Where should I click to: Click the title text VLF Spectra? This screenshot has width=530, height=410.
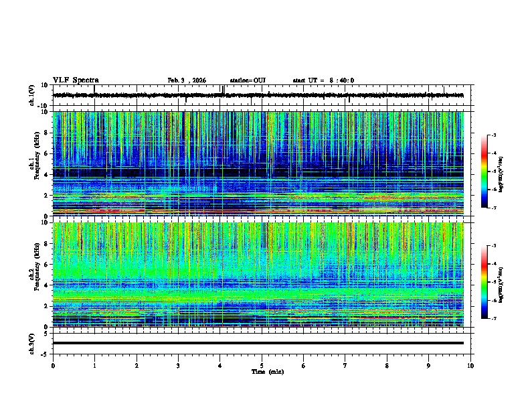pos(76,80)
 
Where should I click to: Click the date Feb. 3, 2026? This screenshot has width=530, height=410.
pos(187,80)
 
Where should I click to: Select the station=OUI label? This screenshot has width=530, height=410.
pos(248,80)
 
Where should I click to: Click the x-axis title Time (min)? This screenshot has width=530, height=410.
pos(268,371)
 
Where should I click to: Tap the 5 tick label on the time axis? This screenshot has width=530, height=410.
pos(262,366)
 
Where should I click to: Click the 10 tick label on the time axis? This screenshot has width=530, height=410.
pos(470,366)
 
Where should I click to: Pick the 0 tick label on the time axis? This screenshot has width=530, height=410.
pos(53,366)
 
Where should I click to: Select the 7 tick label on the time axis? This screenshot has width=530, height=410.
pos(345,366)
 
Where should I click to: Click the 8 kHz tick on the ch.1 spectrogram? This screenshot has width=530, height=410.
pos(47,133)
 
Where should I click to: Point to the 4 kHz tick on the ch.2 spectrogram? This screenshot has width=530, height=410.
pos(47,285)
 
